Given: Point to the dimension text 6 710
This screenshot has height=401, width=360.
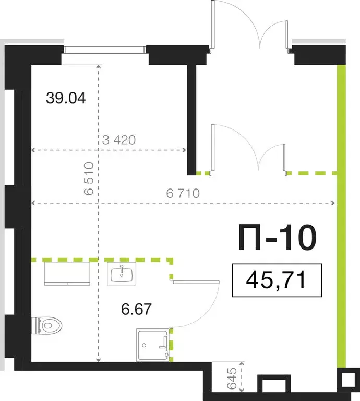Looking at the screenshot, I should pyautogui.click(x=183, y=193).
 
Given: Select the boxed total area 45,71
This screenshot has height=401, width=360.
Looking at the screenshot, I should pyautogui.click(x=277, y=281).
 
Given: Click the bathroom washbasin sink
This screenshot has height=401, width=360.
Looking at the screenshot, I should pyautogui.click(x=122, y=273).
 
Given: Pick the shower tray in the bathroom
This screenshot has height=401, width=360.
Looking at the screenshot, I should pyautogui.click(x=152, y=345).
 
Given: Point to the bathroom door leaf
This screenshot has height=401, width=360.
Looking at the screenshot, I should pyautogui.click(x=196, y=281).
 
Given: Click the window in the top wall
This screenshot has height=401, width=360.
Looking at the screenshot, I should pyautogui.click(x=104, y=50).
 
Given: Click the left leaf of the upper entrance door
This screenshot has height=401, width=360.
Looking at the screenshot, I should pyautogui.click(x=212, y=26).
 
